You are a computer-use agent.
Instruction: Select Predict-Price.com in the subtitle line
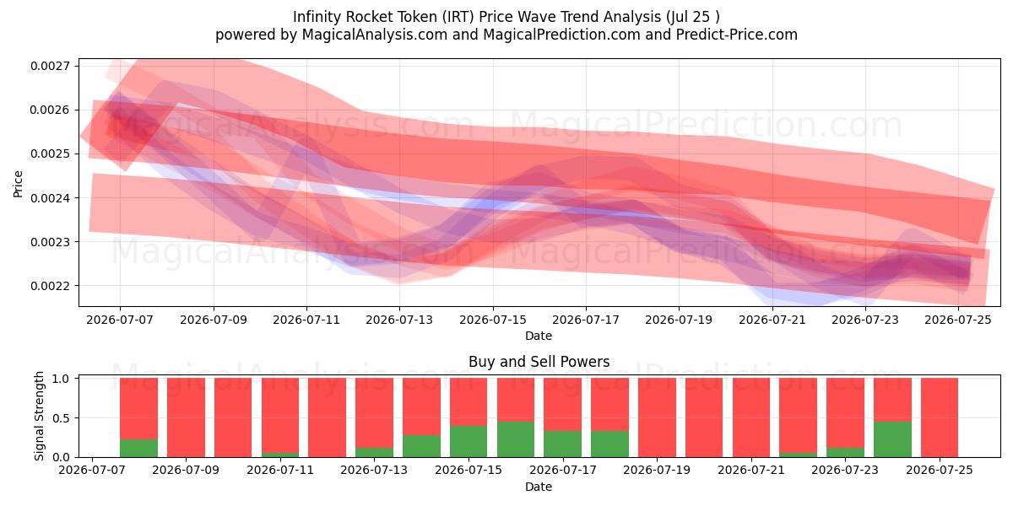pos(737,35)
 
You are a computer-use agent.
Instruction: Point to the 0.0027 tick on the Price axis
pos(50,67)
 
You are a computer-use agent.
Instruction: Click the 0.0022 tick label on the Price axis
pos(50,286)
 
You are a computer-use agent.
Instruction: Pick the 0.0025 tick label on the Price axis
pos(50,154)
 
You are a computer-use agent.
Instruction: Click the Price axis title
pos(18,184)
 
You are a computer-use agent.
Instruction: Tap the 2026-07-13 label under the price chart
pos(399,320)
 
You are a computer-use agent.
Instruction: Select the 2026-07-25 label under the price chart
pos(958,320)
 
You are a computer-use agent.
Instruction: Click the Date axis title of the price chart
pos(539,336)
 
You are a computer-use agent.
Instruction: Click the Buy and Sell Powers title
pos(539,362)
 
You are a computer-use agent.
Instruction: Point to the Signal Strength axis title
pos(40,416)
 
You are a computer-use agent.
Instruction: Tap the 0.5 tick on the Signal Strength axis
pos(61,418)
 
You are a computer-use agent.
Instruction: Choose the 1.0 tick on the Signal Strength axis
pos(61,379)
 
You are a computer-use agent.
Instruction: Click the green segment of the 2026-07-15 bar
pos(469,441)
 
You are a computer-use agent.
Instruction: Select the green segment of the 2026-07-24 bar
pos(892,439)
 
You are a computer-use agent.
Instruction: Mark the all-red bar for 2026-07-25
pos(940,417)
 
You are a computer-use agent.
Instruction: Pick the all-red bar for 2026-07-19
pos(657,417)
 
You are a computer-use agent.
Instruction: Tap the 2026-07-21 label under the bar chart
pos(751,470)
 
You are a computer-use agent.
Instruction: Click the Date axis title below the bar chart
pos(539,487)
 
